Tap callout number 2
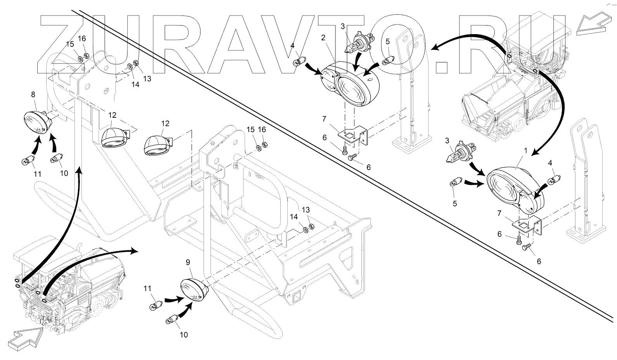323,38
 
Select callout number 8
33,94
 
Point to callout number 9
188,262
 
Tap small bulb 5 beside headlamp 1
456,183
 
